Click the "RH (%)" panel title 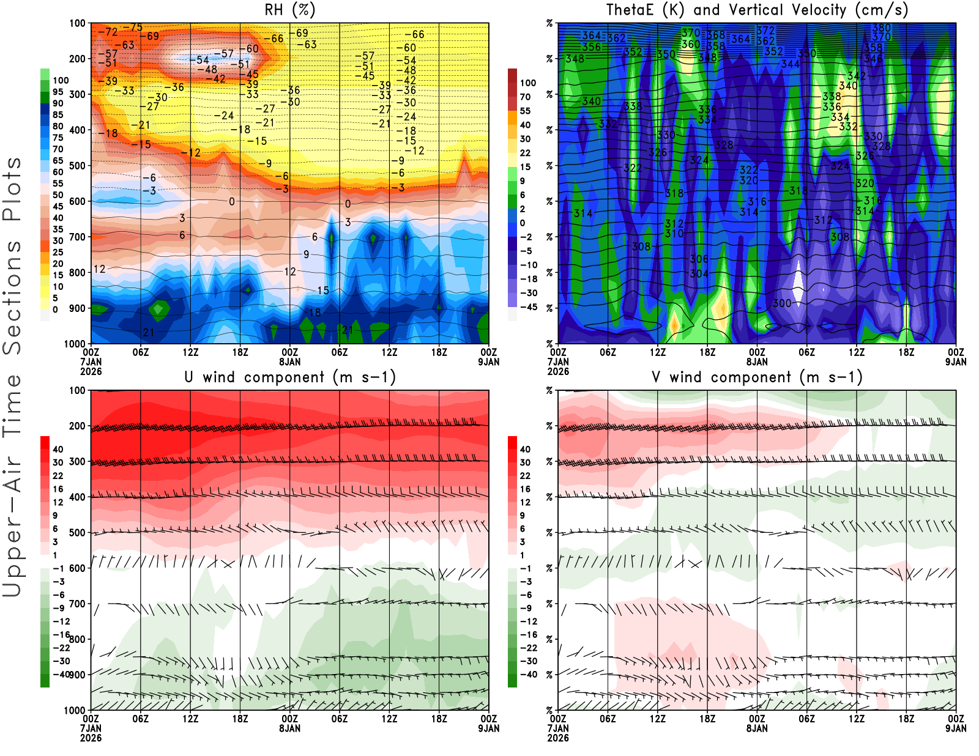(290, 10)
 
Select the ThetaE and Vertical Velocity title (757, 10)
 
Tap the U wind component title (290, 377)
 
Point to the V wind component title (757, 377)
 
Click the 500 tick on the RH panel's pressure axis (77, 166)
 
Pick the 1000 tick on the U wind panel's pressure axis (75, 710)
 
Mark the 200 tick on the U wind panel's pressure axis (77, 426)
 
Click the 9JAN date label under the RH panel (488, 361)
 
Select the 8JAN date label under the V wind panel (757, 728)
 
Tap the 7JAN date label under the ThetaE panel (558, 361)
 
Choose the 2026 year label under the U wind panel (91, 738)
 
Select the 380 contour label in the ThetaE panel (882, 28)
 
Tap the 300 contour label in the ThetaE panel (782, 303)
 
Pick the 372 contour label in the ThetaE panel (765, 31)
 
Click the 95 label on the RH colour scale (58, 92)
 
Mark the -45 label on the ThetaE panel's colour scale (528, 307)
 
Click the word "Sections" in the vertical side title (12, 297)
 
